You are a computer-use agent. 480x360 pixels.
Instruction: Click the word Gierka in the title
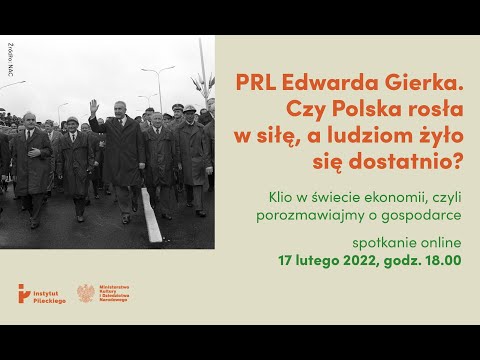[x=424, y=83]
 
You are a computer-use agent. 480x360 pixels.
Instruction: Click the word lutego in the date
[x=322, y=262]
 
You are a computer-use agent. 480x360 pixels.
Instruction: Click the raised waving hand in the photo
[x=94, y=105]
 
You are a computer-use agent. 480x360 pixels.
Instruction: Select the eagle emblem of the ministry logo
[x=86, y=293]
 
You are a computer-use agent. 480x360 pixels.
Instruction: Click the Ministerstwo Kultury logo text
[x=119, y=293]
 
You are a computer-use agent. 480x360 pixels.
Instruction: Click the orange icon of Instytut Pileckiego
[x=24, y=294]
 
